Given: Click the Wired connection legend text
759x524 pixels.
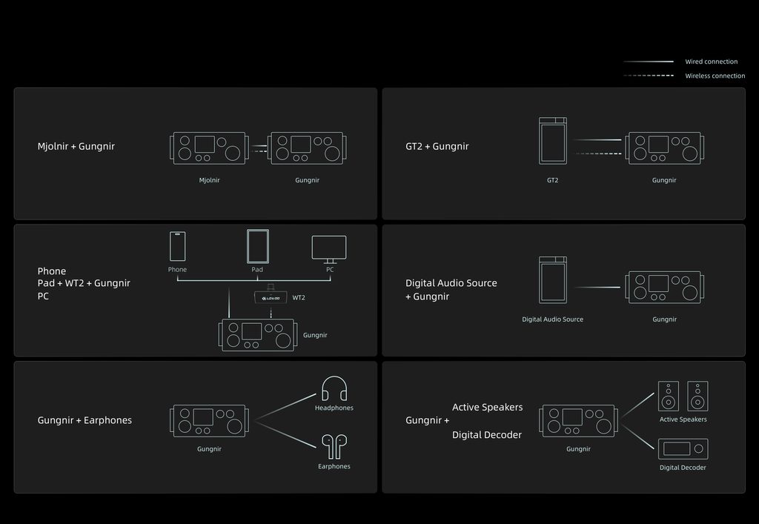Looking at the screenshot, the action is (711, 62).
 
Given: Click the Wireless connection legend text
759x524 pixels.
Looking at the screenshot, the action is (715, 76).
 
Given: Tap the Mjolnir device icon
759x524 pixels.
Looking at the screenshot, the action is (209, 148).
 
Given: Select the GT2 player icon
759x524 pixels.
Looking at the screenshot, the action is (553, 140).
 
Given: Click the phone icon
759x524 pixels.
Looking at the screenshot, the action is (178, 246).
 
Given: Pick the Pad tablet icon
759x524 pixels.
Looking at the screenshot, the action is (257, 246).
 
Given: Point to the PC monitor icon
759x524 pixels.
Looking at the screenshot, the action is (329, 250).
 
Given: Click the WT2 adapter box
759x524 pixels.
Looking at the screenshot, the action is (271, 297).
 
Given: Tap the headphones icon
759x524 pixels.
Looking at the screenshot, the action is (334, 388).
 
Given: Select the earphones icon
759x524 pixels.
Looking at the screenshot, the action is (334, 447).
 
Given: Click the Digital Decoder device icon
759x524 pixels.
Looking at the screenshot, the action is (683, 449).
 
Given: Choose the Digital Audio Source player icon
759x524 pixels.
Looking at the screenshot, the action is (553, 279).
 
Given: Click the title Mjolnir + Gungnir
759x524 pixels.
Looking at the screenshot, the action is (76, 146).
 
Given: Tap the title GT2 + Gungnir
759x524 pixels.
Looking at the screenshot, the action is (437, 146).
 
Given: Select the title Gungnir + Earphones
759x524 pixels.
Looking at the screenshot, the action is (84, 420).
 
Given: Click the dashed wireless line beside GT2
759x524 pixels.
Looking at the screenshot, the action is (599, 154).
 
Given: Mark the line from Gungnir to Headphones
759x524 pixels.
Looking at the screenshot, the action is (285, 407).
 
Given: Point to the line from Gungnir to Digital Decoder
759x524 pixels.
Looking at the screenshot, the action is (637, 437).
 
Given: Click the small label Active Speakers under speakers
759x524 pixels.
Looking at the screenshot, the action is (683, 419).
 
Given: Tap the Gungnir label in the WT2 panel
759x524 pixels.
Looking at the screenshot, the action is (315, 335).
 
